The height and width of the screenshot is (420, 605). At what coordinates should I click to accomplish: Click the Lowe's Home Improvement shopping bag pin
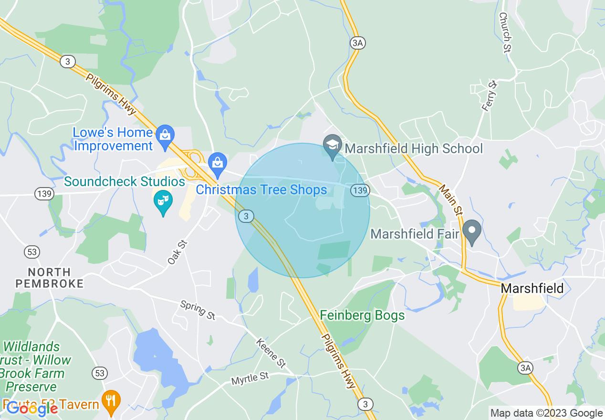pos(165,135)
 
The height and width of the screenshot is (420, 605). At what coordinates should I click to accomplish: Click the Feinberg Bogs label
pos(362,315)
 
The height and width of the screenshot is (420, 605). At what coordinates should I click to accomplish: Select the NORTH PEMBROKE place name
pos(50,278)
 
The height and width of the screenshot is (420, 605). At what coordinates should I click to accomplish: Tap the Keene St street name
pos(271,353)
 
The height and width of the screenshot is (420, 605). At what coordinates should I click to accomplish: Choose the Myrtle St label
pos(250,379)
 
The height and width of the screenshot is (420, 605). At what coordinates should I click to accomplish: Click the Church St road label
pos(505,32)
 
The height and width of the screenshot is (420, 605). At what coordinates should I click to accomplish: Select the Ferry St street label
pos(490,96)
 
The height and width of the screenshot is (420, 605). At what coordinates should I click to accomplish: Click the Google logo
pos(32,409)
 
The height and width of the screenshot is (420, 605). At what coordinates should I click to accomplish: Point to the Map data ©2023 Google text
pos(546,413)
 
